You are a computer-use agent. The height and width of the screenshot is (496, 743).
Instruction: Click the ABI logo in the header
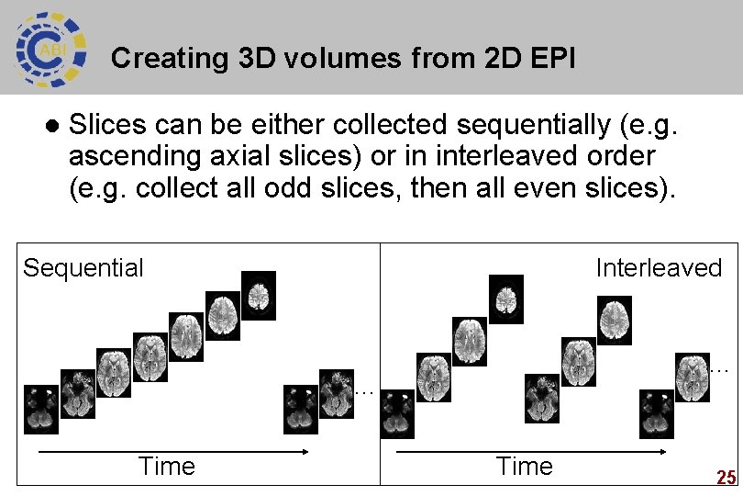tap(50, 47)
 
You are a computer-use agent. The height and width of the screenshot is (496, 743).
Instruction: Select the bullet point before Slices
tap(51, 125)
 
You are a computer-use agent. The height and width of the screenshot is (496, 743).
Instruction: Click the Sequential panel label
tap(83, 268)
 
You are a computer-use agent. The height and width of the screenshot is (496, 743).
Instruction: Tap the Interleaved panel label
tap(659, 268)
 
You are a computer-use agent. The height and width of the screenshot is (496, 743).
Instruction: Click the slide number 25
tap(726, 478)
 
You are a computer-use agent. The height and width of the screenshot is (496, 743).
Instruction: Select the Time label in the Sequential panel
tap(166, 467)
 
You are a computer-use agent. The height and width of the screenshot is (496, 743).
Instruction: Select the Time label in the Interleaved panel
tap(524, 467)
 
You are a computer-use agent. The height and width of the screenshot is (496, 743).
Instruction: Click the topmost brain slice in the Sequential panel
tap(259, 294)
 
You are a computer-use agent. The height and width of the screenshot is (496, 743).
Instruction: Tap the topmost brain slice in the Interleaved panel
tap(505, 299)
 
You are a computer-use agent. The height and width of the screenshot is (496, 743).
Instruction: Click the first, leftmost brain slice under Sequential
tap(40, 409)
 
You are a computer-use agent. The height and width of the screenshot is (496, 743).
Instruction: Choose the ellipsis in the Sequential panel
tap(363, 392)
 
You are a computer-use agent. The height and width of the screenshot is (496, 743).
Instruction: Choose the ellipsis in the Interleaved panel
tap(719, 369)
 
